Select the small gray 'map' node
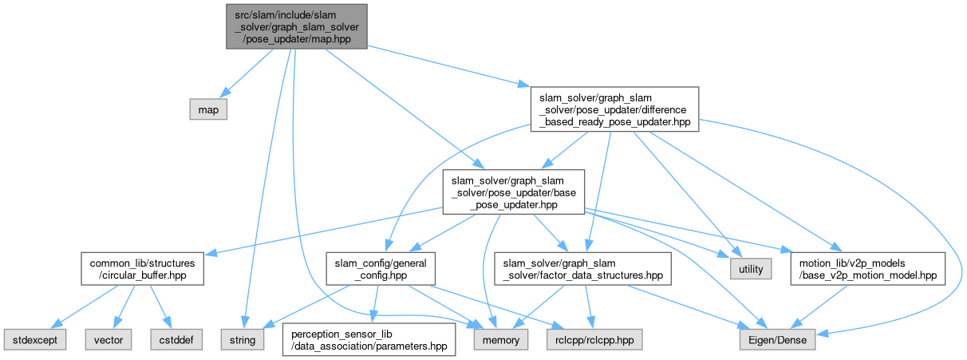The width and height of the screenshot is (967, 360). tap(208, 109)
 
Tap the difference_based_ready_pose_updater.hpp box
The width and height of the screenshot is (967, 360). tap(615, 109)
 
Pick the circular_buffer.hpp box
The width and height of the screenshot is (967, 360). tap(141, 270)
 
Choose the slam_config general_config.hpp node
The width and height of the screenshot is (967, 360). tap(381, 270)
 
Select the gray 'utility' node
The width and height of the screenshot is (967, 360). tap(751, 270)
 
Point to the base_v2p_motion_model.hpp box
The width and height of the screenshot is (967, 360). tap(866, 270)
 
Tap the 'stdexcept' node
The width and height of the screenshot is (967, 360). tap(34, 339)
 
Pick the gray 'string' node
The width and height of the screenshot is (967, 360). tap(243, 339)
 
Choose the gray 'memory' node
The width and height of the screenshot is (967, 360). tap(500, 339)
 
